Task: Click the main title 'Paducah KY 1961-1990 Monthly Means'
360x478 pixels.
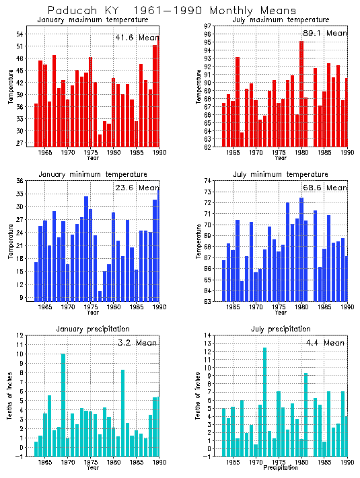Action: pos(172,11)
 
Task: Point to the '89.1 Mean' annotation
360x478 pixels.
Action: pos(324,33)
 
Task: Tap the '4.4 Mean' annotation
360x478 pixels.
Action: pos(324,343)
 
